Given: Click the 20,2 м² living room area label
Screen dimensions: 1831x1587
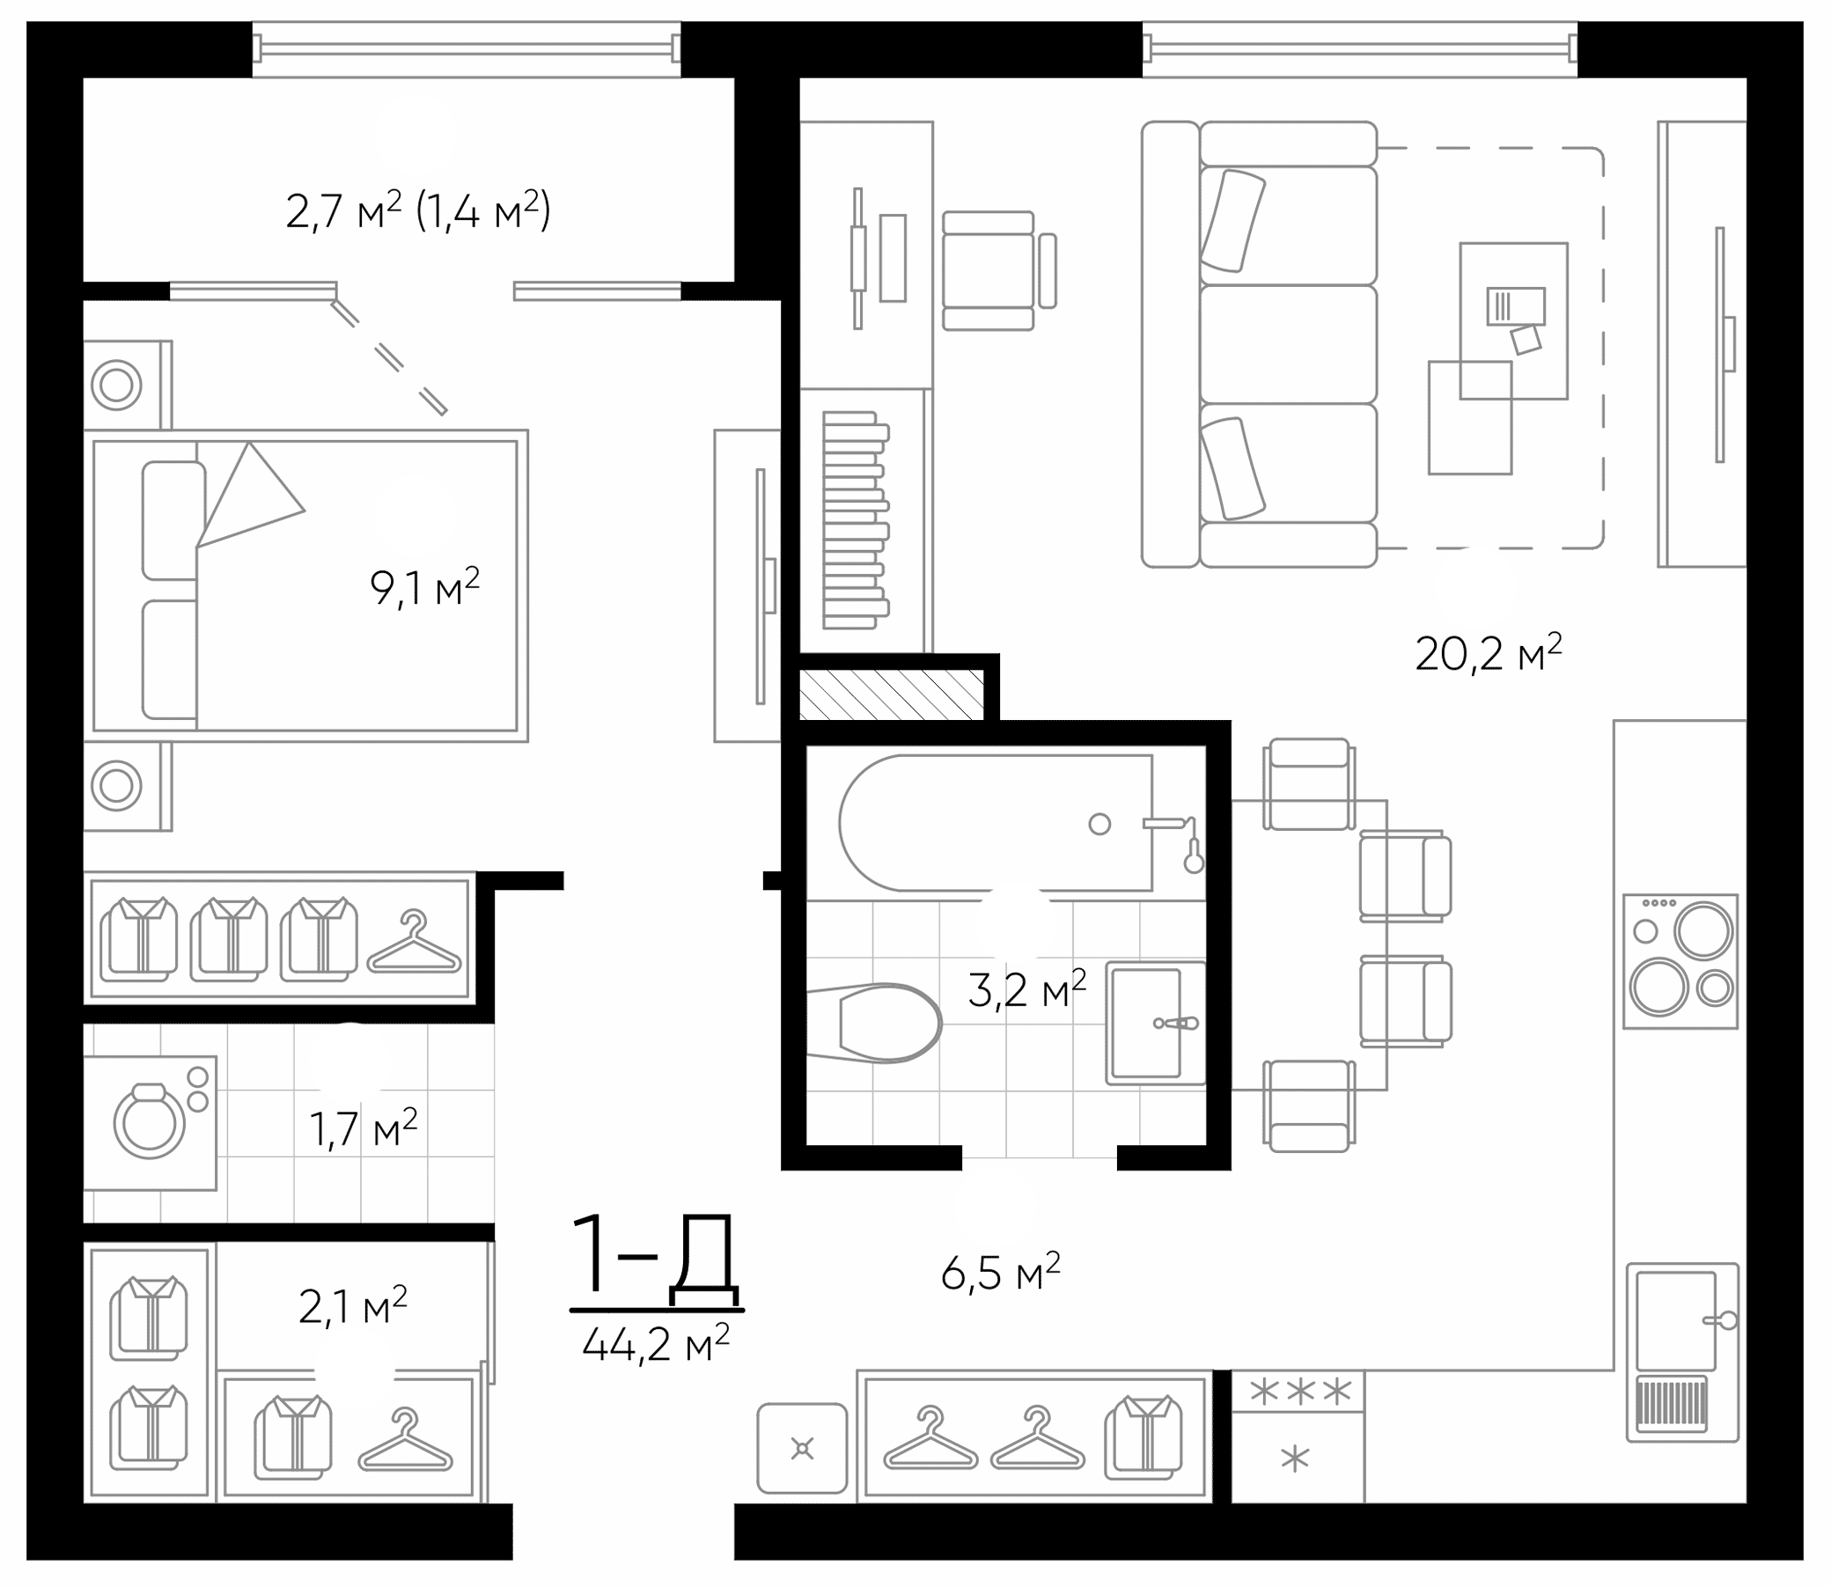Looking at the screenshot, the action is point(1489,654).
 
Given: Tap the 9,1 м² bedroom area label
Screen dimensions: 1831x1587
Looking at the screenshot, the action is point(425,588).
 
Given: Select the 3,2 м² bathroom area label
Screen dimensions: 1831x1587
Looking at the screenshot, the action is point(1027,989).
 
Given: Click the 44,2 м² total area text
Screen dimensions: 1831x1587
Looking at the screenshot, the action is point(657,1343).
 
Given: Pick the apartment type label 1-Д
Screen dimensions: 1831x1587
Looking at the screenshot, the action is point(655,1259).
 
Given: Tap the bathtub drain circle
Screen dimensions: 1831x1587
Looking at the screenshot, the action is point(1100,825).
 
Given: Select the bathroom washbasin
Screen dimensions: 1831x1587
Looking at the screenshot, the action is point(1155,1023).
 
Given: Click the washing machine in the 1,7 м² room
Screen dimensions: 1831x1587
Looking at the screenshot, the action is point(151,1122).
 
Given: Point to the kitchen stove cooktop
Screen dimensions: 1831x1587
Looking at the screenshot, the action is point(1680,961).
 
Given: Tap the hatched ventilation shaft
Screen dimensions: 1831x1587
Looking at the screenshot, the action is point(891,694).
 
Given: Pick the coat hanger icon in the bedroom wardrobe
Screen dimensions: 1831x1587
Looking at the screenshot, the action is point(414,943).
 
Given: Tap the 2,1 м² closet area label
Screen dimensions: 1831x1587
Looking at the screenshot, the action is point(353,1306).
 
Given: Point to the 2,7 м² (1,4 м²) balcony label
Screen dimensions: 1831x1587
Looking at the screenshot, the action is point(418,210).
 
